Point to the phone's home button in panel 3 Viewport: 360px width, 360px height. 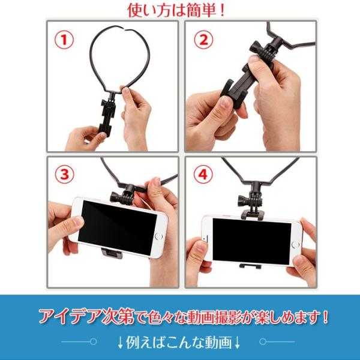[159, 236]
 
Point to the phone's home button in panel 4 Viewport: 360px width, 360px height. [295, 245]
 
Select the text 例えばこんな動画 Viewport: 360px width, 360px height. [179, 343]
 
